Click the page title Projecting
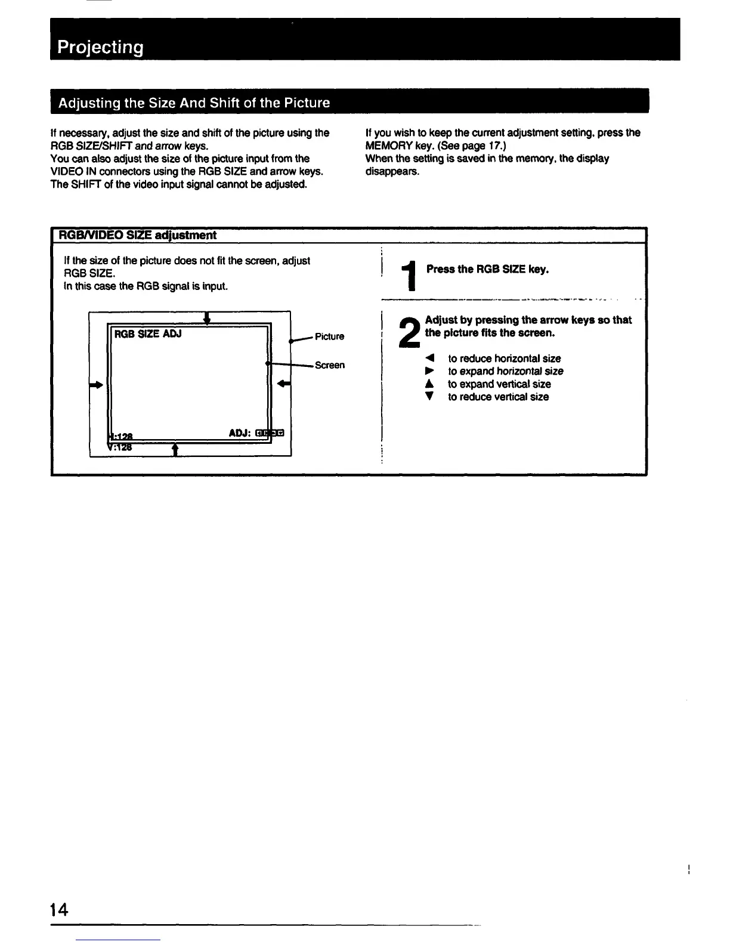(x=100, y=47)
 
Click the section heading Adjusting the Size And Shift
(x=193, y=103)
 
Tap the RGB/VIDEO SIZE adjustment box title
(x=136, y=235)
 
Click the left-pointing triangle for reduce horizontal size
(x=429, y=359)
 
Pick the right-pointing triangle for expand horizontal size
(x=429, y=371)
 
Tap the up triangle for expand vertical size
(x=429, y=384)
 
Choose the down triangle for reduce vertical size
(x=429, y=397)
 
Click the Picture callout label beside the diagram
(x=329, y=336)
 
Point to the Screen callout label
(x=330, y=365)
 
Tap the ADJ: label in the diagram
(x=239, y=433)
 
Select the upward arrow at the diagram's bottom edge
(x=175, y=449)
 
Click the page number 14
(x=59, y=910)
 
